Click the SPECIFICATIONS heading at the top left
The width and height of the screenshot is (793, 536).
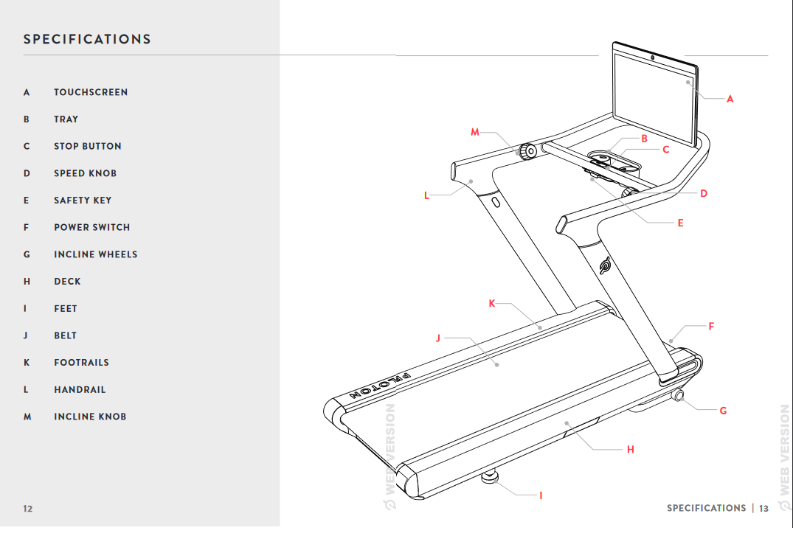87,40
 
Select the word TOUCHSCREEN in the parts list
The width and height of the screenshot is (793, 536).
91,92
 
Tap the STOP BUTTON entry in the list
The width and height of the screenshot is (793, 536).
87,146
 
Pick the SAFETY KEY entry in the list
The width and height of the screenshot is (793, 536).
83,201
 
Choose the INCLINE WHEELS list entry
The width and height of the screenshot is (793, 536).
95,254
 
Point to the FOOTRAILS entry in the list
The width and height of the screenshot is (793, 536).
81,363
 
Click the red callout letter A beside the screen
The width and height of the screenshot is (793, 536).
730,99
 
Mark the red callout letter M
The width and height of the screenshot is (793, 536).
475,132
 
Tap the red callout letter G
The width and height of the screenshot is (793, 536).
723,411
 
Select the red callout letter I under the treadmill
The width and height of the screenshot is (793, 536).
541,496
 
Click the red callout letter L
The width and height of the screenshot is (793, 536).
426,195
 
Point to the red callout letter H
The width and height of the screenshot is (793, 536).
630,449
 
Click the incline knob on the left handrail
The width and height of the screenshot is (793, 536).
526,152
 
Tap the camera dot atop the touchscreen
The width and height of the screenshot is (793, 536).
654,57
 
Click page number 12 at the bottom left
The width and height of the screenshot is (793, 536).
28,509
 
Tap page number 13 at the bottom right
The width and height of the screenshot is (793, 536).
763,509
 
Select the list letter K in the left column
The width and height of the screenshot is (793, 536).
27,363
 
